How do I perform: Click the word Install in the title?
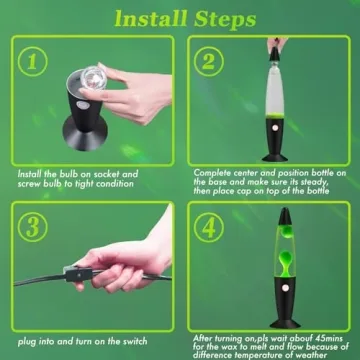click(x=151, y=19)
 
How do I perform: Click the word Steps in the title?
click(x=225, y=20)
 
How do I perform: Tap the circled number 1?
click(x=32, y=62)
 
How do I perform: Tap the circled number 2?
click(x=209, y=62)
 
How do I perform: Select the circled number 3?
click(x=32, y=227)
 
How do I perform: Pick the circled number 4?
click(x=209, y=227)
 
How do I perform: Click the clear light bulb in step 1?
click(x=93, y=78)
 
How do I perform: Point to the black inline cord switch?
click(x=78, y=274)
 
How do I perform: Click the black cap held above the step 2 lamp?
click(x=275, y=54)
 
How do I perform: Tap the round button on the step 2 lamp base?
click(x=275, y=128)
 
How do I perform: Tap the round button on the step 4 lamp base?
click(x=285, y=287)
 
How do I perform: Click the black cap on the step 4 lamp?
click(x=285, y=216)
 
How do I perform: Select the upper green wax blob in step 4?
click(x=286, y=231)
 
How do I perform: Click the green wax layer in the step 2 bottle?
click(x=275, y=115)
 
